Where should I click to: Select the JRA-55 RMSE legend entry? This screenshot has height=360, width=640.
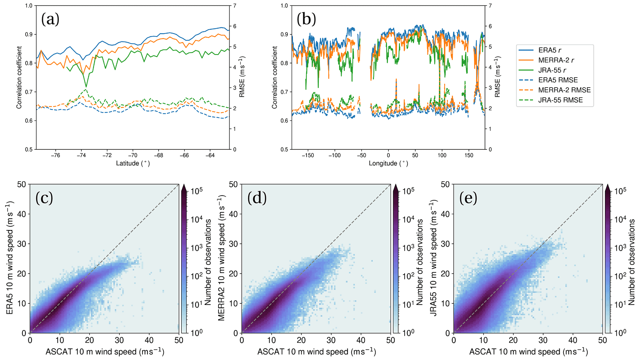click(x=560, y=100)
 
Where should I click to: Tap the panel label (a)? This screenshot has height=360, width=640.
click(x=50, y=20)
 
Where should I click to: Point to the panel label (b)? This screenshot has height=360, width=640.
click(x=306, y=20)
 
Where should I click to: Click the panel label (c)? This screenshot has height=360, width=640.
click(x=44, y=198)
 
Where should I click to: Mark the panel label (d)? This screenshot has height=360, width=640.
click(x=257, y=198)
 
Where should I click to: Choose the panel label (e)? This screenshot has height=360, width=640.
click(x=468, y=198)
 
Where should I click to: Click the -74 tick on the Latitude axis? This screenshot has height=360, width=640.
click(x=81, y=155)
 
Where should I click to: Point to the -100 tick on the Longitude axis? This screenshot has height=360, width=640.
click(x=334, y=155)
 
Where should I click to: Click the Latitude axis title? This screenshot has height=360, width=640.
click(x=133, y=163)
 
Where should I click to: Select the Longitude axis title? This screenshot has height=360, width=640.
click(x=388, y=163)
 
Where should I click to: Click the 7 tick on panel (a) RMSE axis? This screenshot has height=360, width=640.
click(x=235, y=6)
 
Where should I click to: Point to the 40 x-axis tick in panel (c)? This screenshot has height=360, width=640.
click(x=149, y=340)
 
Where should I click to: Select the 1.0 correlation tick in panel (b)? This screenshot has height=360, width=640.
click(x=284, y=6)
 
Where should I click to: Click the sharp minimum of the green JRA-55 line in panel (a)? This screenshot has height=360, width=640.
click(x=86, y=86)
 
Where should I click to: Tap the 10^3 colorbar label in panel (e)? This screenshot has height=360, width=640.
click(x=616, y=248)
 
